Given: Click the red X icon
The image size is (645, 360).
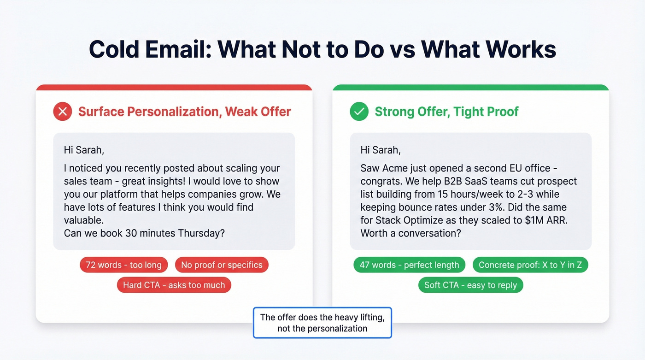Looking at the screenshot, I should tap(63, 112).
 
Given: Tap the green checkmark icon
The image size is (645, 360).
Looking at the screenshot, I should tap(359, 112).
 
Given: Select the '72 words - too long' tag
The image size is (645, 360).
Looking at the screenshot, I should tap(124, 265).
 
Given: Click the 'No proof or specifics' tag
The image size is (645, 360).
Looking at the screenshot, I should tap(222, 265).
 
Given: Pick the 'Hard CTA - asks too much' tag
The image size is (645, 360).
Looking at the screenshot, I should tap(174, 285).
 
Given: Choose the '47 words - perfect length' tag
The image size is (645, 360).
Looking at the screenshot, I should tap(409, 265).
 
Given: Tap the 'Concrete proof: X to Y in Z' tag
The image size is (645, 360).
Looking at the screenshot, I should tap(530, 265).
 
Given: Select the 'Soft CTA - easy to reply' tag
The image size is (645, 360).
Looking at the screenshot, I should tap(470, 285).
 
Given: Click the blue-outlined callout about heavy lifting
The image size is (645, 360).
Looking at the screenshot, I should tap(322, 323).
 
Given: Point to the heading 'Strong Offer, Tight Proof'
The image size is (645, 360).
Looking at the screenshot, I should tap(446, 112).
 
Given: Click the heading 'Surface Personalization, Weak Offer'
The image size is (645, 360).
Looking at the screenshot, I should tap(184, 112).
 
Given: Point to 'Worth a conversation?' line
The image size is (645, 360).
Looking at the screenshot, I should tap(410, 233).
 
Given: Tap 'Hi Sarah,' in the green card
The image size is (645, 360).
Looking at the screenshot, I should tap(381, 150).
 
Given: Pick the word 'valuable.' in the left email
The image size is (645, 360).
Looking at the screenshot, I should tap(84, 220).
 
